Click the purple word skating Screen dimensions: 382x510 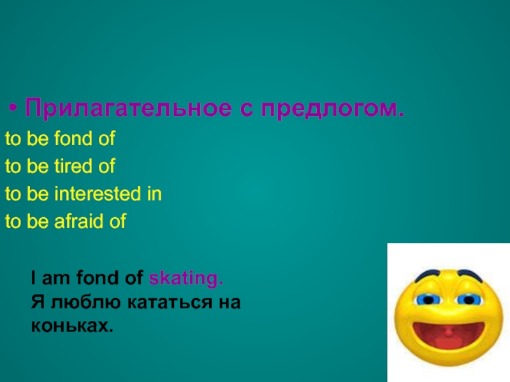pyautogui.click(x=186, y=278)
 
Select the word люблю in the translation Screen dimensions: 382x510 pyautogui.click(x=70, y=302)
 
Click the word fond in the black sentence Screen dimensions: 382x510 pyautogui.click(x=93, y=278)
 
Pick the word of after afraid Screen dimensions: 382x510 pyautogui.click(x=118, y=222)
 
